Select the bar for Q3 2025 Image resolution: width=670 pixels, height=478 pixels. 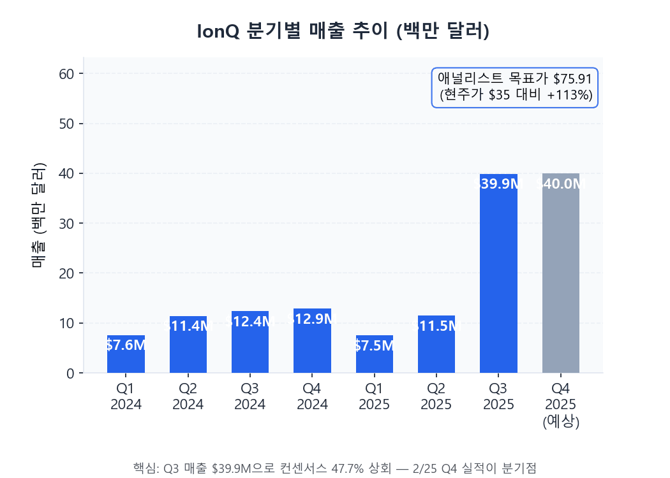(498, 274)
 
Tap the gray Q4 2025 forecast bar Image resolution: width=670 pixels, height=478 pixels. (561, 274)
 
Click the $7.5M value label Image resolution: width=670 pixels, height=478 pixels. (375, 345)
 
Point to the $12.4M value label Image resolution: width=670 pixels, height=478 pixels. (250, 322)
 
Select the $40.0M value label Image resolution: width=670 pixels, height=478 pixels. (561, 184)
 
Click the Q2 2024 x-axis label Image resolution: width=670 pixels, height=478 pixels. (188, 396)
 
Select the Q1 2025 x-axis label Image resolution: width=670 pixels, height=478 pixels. (375, 396)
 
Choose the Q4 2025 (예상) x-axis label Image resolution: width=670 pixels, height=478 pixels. (561, 405)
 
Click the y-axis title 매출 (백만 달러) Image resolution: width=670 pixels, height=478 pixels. (38, 215)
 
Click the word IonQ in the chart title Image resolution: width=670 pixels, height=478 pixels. (218, 31)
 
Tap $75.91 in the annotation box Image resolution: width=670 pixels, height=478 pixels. (572, 79)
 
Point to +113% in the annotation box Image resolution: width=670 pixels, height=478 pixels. (570, 96)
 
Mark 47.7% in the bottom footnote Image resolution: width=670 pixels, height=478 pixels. (350, 467)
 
